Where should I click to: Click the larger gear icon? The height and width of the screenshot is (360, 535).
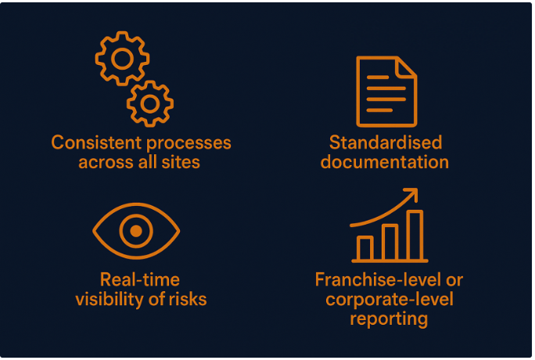(122, 59)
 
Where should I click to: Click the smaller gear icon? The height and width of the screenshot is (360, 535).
(149, 102)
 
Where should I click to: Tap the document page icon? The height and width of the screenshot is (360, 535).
(386, 91)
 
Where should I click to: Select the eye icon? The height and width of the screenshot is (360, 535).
(136, 231)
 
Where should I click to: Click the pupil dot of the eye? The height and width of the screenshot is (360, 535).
(136, 231)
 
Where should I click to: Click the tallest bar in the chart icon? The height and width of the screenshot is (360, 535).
(415, 234)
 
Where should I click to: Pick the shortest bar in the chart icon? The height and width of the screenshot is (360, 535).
(365, 247)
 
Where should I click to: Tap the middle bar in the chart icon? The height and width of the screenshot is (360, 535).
(390, 241)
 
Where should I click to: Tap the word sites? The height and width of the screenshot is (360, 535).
(183, 163)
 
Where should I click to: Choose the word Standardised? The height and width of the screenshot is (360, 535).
(386, 143)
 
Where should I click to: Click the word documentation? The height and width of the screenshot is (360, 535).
(385, 163)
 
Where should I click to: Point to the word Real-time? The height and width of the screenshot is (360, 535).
(140, 279)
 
